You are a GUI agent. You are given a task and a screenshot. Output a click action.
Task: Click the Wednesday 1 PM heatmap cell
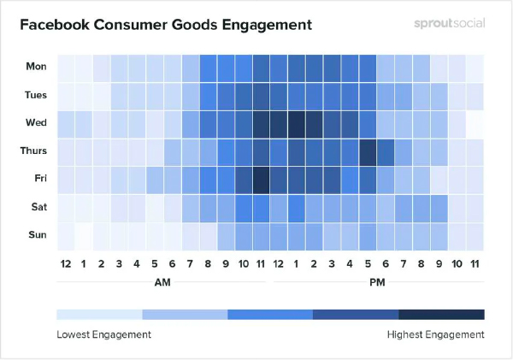(297, 124)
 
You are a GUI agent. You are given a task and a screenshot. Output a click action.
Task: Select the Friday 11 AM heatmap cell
(261, 180)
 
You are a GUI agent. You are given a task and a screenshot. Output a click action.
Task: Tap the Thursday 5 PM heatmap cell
(368, 152)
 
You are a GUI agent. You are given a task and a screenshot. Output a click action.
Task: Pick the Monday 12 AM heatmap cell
(66, 68)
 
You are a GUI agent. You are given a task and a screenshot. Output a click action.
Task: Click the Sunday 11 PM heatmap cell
(475, 237)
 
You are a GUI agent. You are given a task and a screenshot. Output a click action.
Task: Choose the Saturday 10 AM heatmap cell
(243, 209)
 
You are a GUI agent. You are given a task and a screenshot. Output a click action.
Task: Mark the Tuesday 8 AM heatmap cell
(208, 97)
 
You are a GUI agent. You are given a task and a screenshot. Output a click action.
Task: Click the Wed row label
(36, 123)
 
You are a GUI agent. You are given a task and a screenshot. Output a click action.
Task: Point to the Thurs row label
(33, 150)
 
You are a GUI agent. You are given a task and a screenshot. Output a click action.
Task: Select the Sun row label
(38, 234)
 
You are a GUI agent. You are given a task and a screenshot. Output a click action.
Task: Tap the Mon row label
(36, 67)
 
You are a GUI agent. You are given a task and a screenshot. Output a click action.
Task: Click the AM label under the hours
(162, 282)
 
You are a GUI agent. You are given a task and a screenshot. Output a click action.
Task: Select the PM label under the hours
(377, 282)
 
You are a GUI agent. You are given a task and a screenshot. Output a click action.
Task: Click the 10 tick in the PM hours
(457, 263)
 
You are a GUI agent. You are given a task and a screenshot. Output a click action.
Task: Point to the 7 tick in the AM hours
(190, 263)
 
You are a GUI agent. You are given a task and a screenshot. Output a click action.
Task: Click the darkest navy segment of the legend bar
(441, 315)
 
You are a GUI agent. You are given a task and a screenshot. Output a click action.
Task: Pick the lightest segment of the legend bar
(99, 315)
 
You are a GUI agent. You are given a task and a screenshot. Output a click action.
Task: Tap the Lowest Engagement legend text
(103, 334)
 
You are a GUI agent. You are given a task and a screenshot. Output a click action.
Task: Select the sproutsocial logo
(450, 23)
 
